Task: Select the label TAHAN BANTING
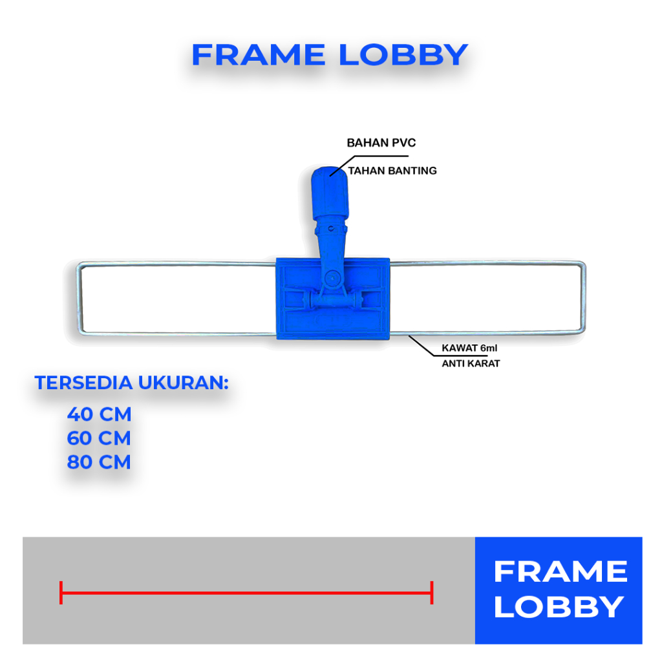tap(392, 171)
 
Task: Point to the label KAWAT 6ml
tap(469, 348)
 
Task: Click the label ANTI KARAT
tap(471, 363)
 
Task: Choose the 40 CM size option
tap(99, 414)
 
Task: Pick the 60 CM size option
tap(99, 438)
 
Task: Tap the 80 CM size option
tap(99, 462)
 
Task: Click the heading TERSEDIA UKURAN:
tap(133, 382)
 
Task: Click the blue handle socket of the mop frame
tap(330, 194)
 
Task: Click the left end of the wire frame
tap(78, 298)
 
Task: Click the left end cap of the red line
tap(61, 592)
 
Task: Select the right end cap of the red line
tap(431, 592)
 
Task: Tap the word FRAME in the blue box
tap(560, 572)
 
